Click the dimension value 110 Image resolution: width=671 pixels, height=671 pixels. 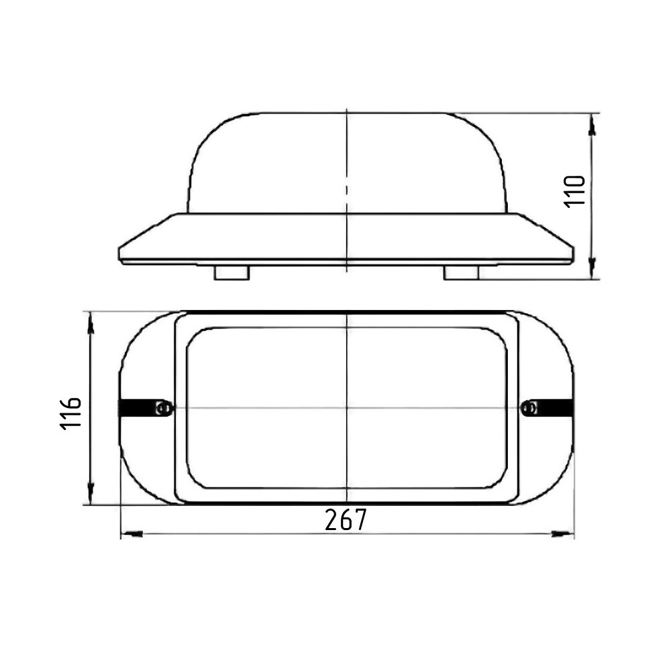(x=575, y=191)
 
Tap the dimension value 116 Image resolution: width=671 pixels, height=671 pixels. (x=70, y=413)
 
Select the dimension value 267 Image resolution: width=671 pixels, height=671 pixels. (x=346, y=519)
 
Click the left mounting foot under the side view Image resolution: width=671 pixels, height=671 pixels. (x=231, y=272)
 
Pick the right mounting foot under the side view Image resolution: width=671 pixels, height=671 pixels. (x=461, y=272)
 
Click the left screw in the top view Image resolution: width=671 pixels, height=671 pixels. (x=162, y=408)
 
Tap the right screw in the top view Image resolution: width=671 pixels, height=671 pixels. (x=531, y=408)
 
